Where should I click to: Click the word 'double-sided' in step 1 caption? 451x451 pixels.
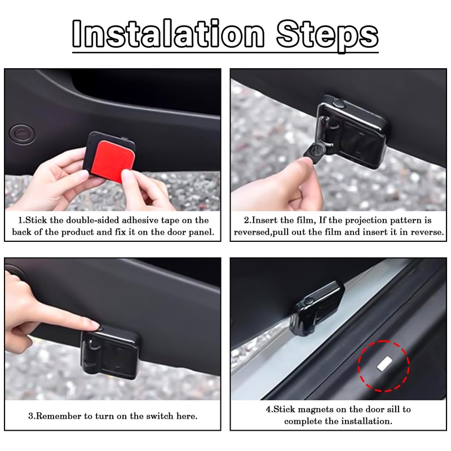click(83, 220)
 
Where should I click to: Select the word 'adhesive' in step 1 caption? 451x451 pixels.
click(140, 220)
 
